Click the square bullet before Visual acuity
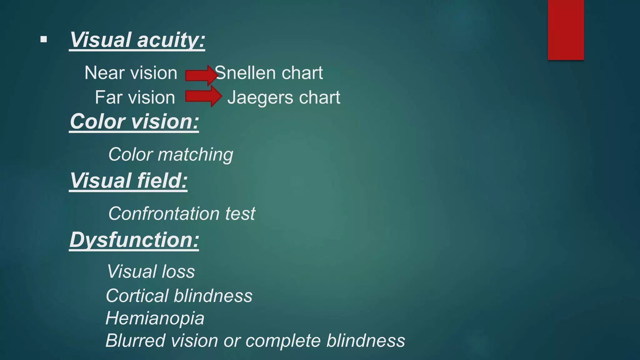(x=44, y=39)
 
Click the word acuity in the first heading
(x=171, y=40)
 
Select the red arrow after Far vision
(x=203, y=96)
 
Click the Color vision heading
(x=134, y=122)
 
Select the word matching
(x=195, y=155)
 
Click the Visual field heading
(x=128, y=181)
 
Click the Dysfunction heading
(x=134, y=240)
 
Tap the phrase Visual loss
(x=151, y=271)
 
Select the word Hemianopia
(x=155, y=318)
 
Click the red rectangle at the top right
(x=566, y=30)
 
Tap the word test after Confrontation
(x=240, y=214)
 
